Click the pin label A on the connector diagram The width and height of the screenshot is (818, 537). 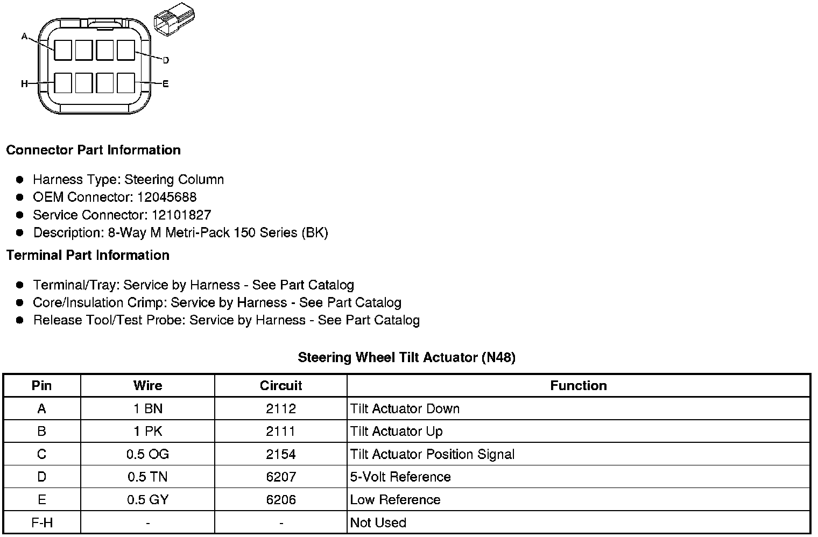click(24, 37)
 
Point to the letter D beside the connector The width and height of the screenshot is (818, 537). click(166, 60)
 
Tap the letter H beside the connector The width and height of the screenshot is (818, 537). click(24, 84)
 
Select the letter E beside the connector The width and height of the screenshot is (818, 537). click(166, 84)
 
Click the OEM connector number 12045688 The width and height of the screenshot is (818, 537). click(167, 197)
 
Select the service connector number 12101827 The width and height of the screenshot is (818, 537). click(181, 215)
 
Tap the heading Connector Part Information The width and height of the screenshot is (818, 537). click(93, 150)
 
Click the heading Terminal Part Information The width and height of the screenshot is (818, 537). click(88, 255)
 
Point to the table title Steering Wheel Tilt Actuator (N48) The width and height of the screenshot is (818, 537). click(406, 357)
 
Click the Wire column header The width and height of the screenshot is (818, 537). click(147, 386)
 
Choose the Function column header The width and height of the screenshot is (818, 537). click(579, 386)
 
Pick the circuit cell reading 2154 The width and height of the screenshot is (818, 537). click(281, 454)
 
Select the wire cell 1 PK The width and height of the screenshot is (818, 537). click(147, 432)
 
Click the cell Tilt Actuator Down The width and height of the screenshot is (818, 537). click(405, 409)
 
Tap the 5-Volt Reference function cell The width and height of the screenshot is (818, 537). click(400, 477)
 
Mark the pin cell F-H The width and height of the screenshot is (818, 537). click(41, 522)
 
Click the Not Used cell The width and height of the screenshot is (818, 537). click(378, 522)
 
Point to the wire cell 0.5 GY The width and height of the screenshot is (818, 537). click(147, 500)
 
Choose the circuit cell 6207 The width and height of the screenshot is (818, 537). click(281, 477)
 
